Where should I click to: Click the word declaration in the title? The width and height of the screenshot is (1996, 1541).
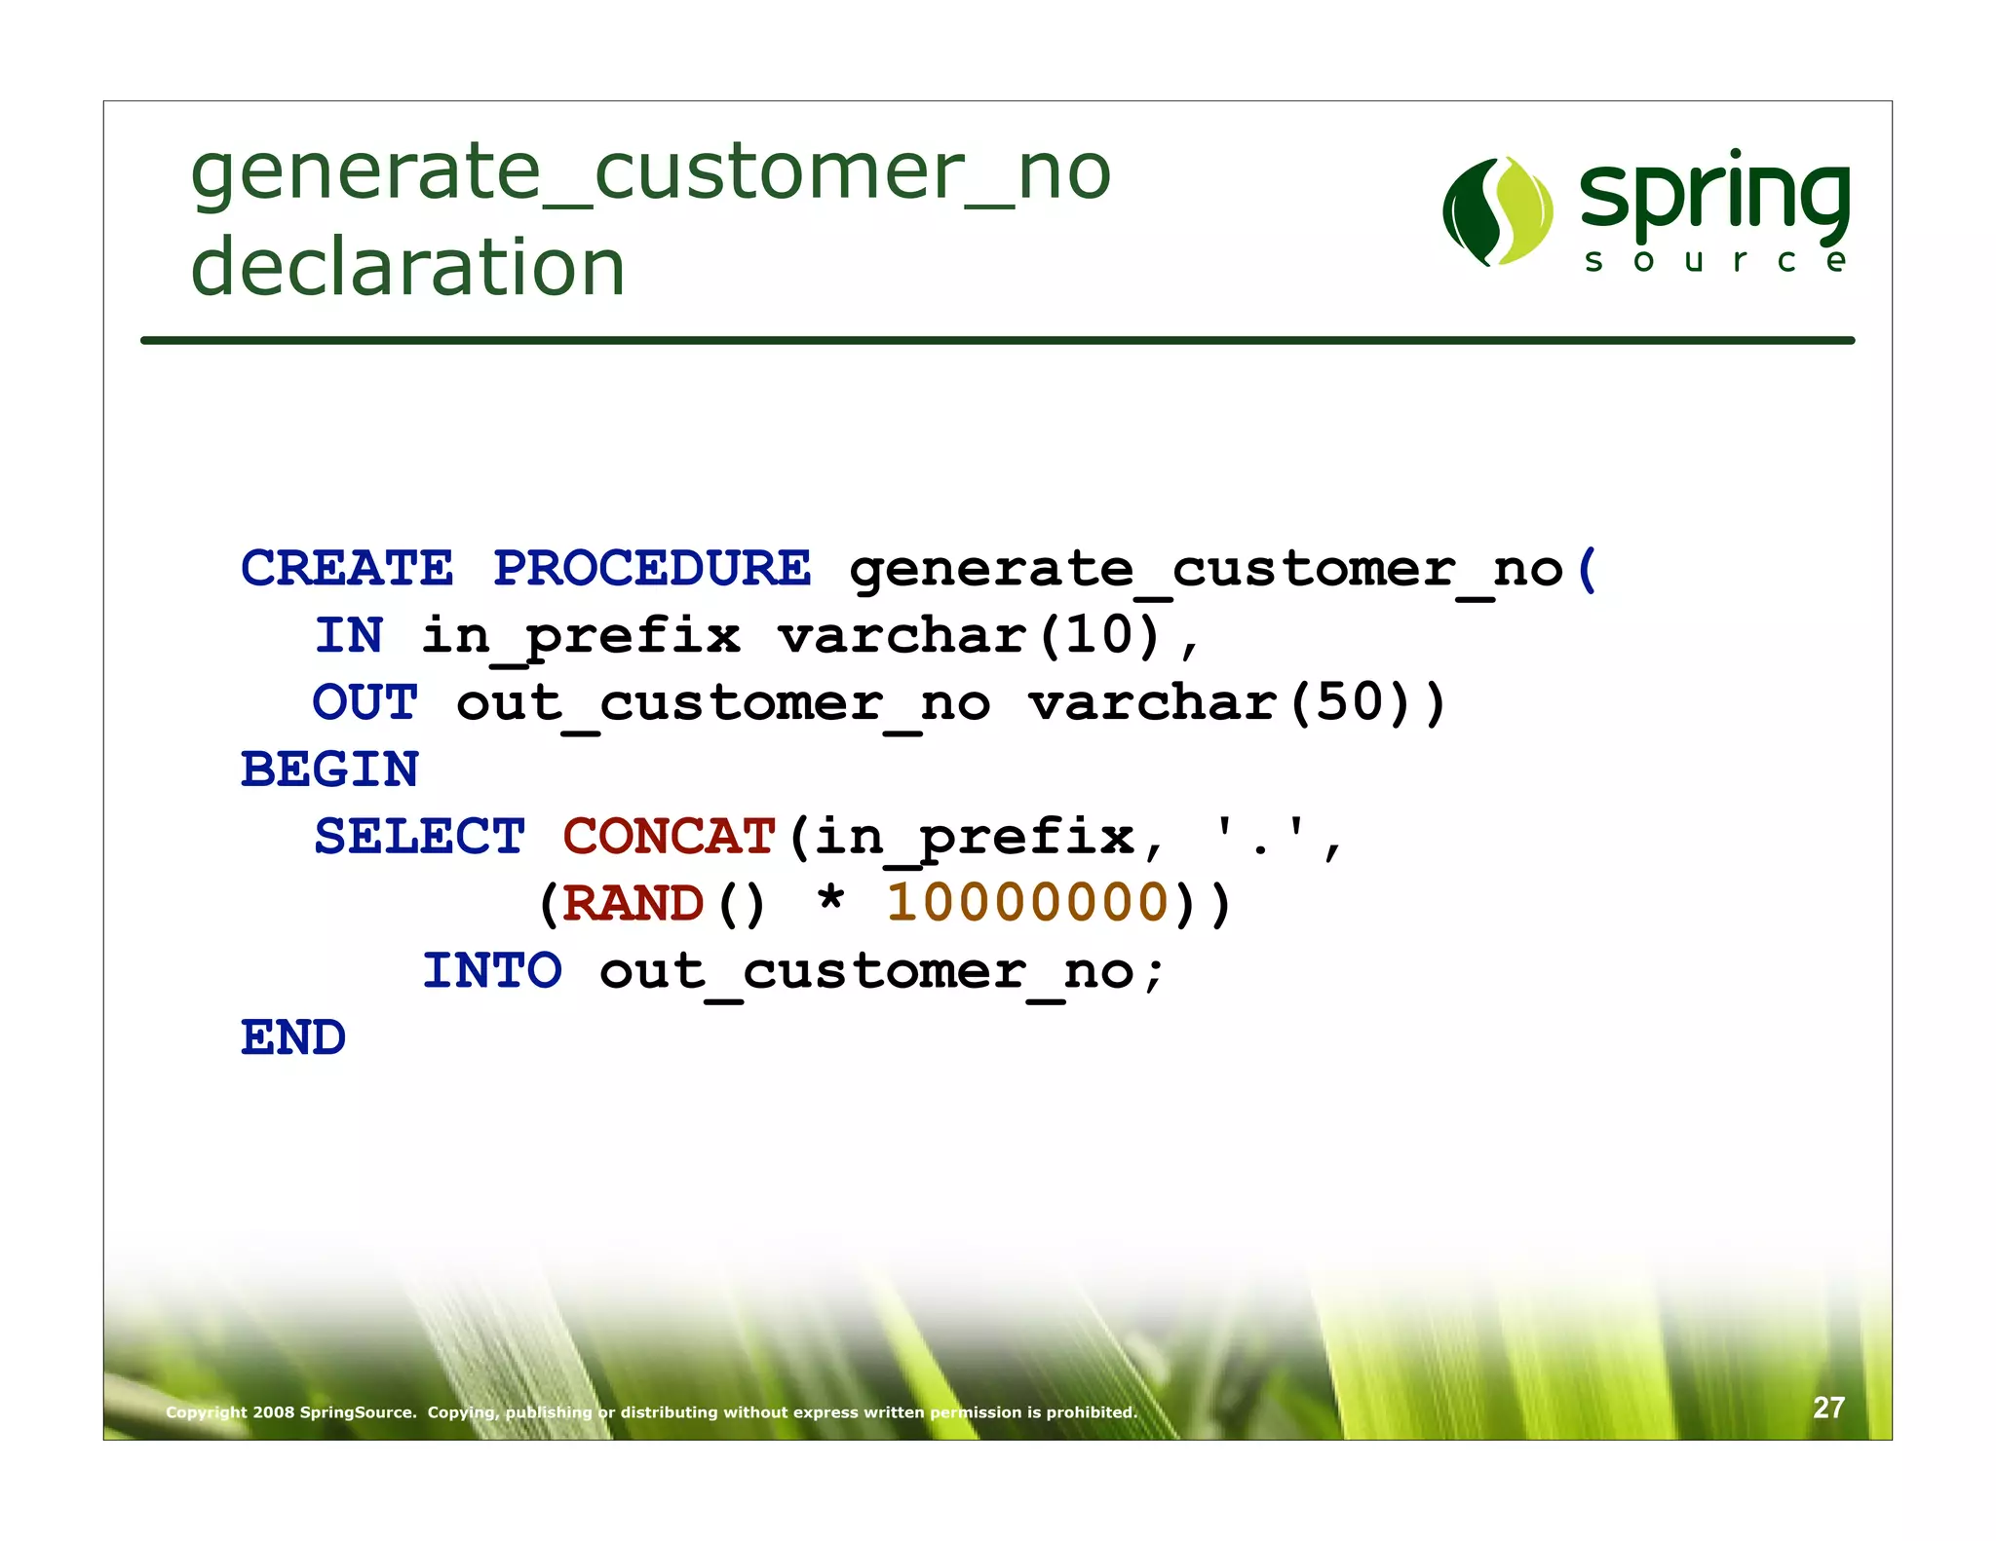pos(407,268)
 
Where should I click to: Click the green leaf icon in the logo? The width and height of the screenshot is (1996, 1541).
pos(1498,211)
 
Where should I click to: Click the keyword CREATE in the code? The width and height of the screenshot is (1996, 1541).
pos(347,568)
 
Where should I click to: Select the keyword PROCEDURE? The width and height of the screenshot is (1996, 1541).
pos(651,568)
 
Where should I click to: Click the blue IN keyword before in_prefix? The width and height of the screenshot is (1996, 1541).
pos(349,636)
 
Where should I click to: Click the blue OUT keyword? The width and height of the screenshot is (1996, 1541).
pos(365,703)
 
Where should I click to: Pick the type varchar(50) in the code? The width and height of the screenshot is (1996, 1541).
pos(1236,703)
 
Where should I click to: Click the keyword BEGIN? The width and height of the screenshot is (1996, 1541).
pos(329,770)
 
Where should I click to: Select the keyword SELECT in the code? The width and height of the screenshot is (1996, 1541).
pos(419,837)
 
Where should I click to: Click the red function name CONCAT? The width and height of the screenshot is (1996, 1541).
pos(669,837)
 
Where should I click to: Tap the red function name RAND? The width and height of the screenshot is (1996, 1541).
pos(633,904)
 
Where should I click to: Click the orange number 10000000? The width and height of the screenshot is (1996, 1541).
pos(1027,902)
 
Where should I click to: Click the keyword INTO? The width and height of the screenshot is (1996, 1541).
pos(492,971)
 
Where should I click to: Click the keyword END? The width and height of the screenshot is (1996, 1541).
pos(293,1037)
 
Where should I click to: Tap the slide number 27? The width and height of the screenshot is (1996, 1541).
pos(1828,1408)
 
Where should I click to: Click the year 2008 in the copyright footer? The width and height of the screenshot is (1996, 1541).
pos(273,1412)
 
